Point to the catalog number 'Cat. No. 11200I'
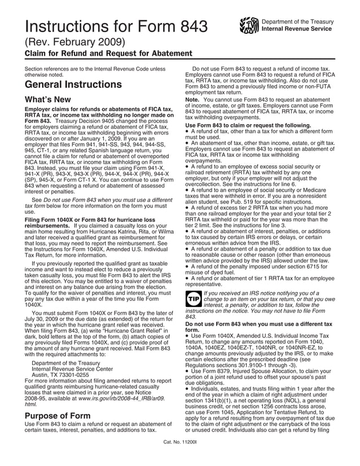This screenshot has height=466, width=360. click(179, 458)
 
